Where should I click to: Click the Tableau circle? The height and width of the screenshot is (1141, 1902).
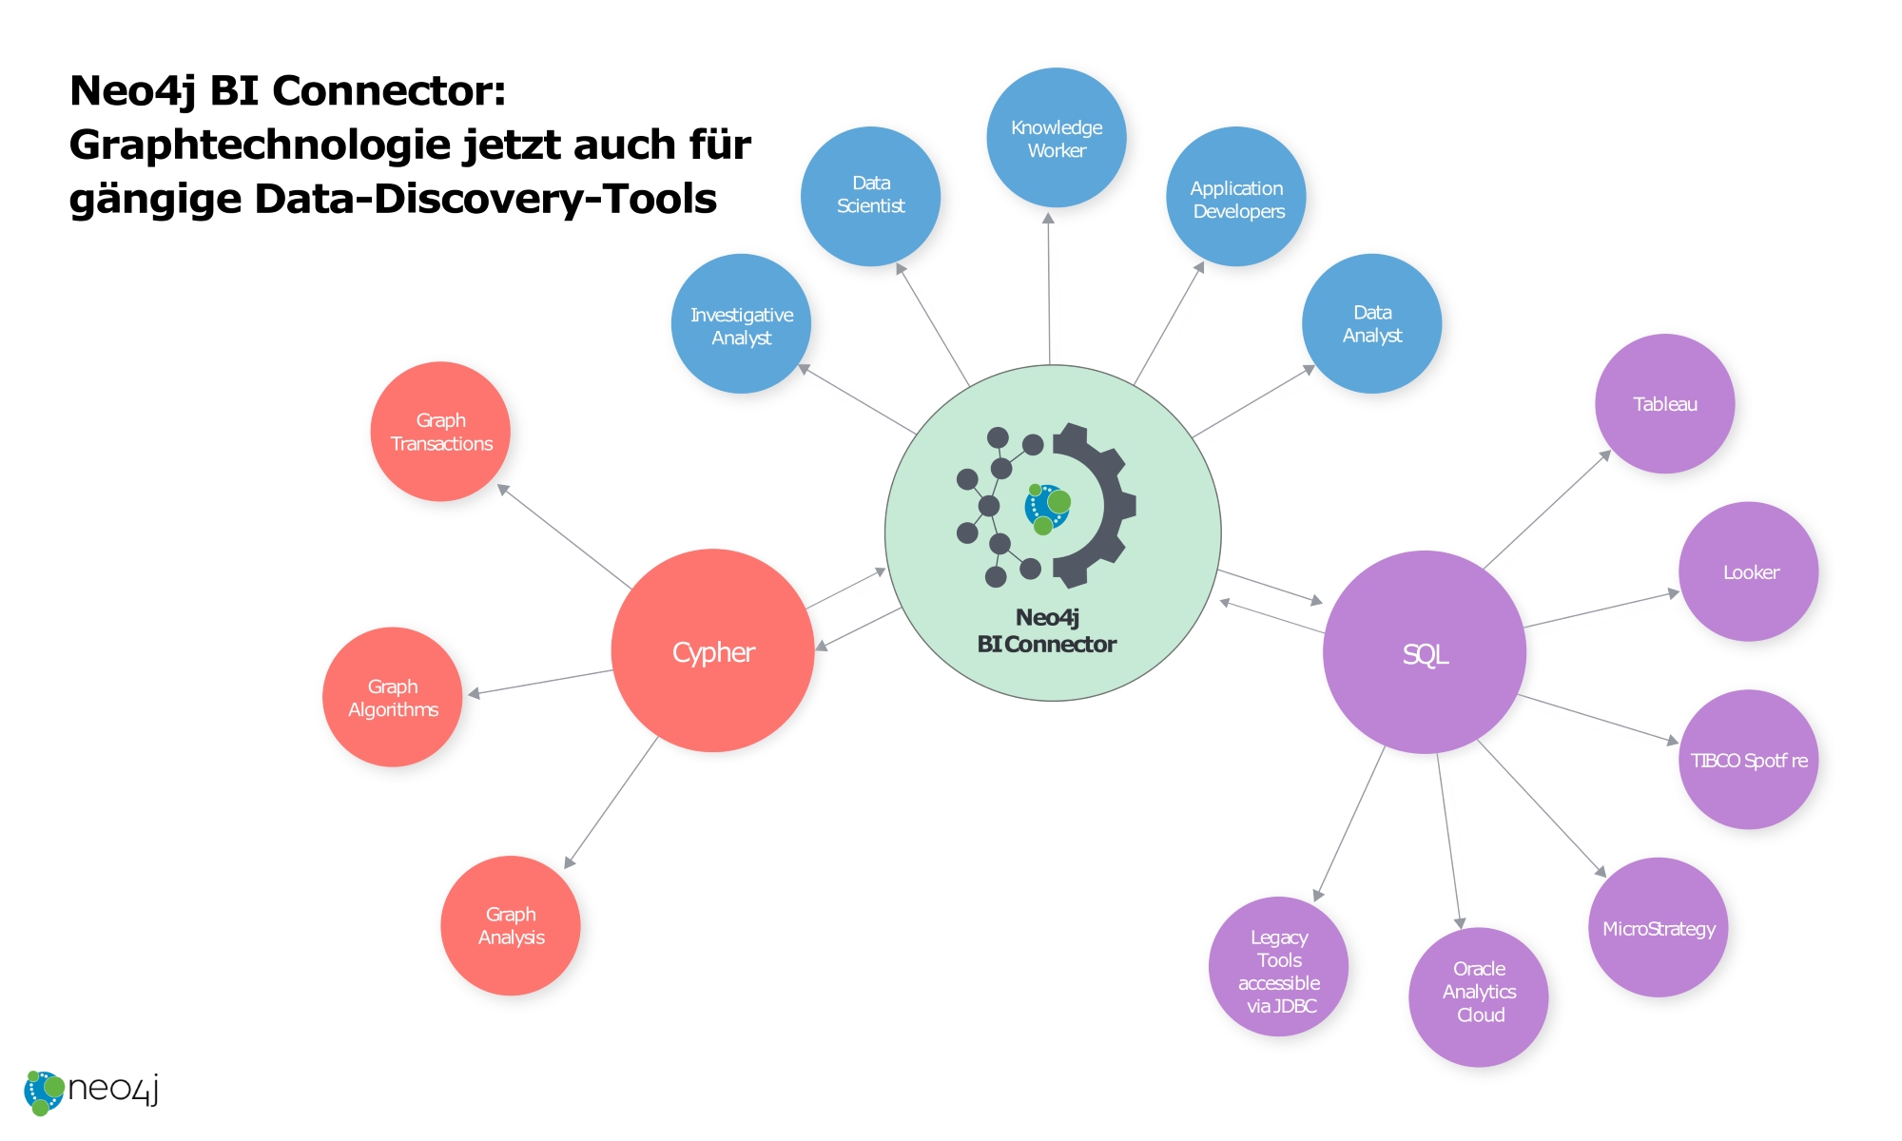(1664, 404)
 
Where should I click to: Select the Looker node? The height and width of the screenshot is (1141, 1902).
(1748, 571)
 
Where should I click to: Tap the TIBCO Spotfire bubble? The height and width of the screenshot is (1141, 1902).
(1748, 760)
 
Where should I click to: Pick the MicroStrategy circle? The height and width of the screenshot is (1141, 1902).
(1658, 928)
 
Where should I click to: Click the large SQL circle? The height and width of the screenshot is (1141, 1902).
(1424, 652)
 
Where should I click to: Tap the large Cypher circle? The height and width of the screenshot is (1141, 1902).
(712, 651)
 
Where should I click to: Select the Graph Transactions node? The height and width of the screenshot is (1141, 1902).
(440, 432)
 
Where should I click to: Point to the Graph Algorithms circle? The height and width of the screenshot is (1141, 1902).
(392, 697)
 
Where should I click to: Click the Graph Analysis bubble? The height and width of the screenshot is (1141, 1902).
(511, 925)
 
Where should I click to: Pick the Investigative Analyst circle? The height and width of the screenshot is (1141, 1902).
(741, 324)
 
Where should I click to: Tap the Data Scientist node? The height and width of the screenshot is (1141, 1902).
(870, 196)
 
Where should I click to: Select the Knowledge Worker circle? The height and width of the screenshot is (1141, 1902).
(1056, 138)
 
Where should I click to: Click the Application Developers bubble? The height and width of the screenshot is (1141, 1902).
(1235, 197)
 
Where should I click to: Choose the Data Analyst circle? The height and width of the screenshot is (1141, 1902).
(1371, 323)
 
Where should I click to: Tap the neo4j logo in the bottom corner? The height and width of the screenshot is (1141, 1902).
(90, 1091)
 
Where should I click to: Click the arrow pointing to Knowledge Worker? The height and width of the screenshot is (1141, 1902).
(1049, 285)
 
